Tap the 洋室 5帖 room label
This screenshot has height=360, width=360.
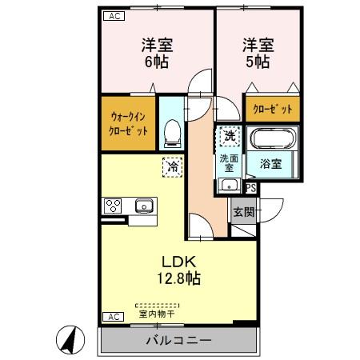[x=257, y=53]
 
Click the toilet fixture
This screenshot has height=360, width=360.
[x=170, y=133]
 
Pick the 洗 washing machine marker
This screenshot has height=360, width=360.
[x=228, y=137]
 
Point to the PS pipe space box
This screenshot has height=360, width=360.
[x=250, y=189]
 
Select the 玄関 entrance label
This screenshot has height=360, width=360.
[x=243, y=213]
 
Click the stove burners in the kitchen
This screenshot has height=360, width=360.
[x=112, y=206]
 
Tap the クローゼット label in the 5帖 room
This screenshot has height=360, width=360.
[x=272, y=110]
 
